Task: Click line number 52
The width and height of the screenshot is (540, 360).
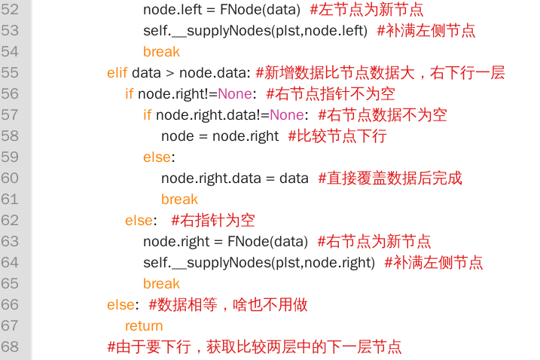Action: [10, 9]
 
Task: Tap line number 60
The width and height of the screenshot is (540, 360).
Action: [10, 178]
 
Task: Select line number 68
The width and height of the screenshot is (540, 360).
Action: [10, 346]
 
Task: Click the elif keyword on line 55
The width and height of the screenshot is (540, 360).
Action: [117, 73]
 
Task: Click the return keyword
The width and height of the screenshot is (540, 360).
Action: [144, 326]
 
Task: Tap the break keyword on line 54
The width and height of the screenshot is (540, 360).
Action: [161, 52]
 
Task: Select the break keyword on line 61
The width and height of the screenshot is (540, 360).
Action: [179, 199]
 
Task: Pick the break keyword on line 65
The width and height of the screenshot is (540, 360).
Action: [161, 283]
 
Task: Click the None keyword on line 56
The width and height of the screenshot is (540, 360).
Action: [235, 93]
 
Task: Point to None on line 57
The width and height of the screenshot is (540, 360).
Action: [287, 114]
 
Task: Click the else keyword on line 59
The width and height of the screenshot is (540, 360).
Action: [157, 157]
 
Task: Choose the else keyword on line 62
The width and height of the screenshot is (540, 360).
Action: [139, 221]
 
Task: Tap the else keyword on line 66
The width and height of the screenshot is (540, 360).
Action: [121, 305]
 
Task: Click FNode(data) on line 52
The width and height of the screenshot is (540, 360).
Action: [260, 9]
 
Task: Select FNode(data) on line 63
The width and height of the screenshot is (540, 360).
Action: [267, 242]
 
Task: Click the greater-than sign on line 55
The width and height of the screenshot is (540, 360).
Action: [170, 73]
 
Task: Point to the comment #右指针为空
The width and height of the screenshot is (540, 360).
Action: [213, 221]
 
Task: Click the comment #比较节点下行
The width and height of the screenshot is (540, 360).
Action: [337, 136]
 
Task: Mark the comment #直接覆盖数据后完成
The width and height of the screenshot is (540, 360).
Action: [390, 178]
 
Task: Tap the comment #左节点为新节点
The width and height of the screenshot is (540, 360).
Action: [367, 9]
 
